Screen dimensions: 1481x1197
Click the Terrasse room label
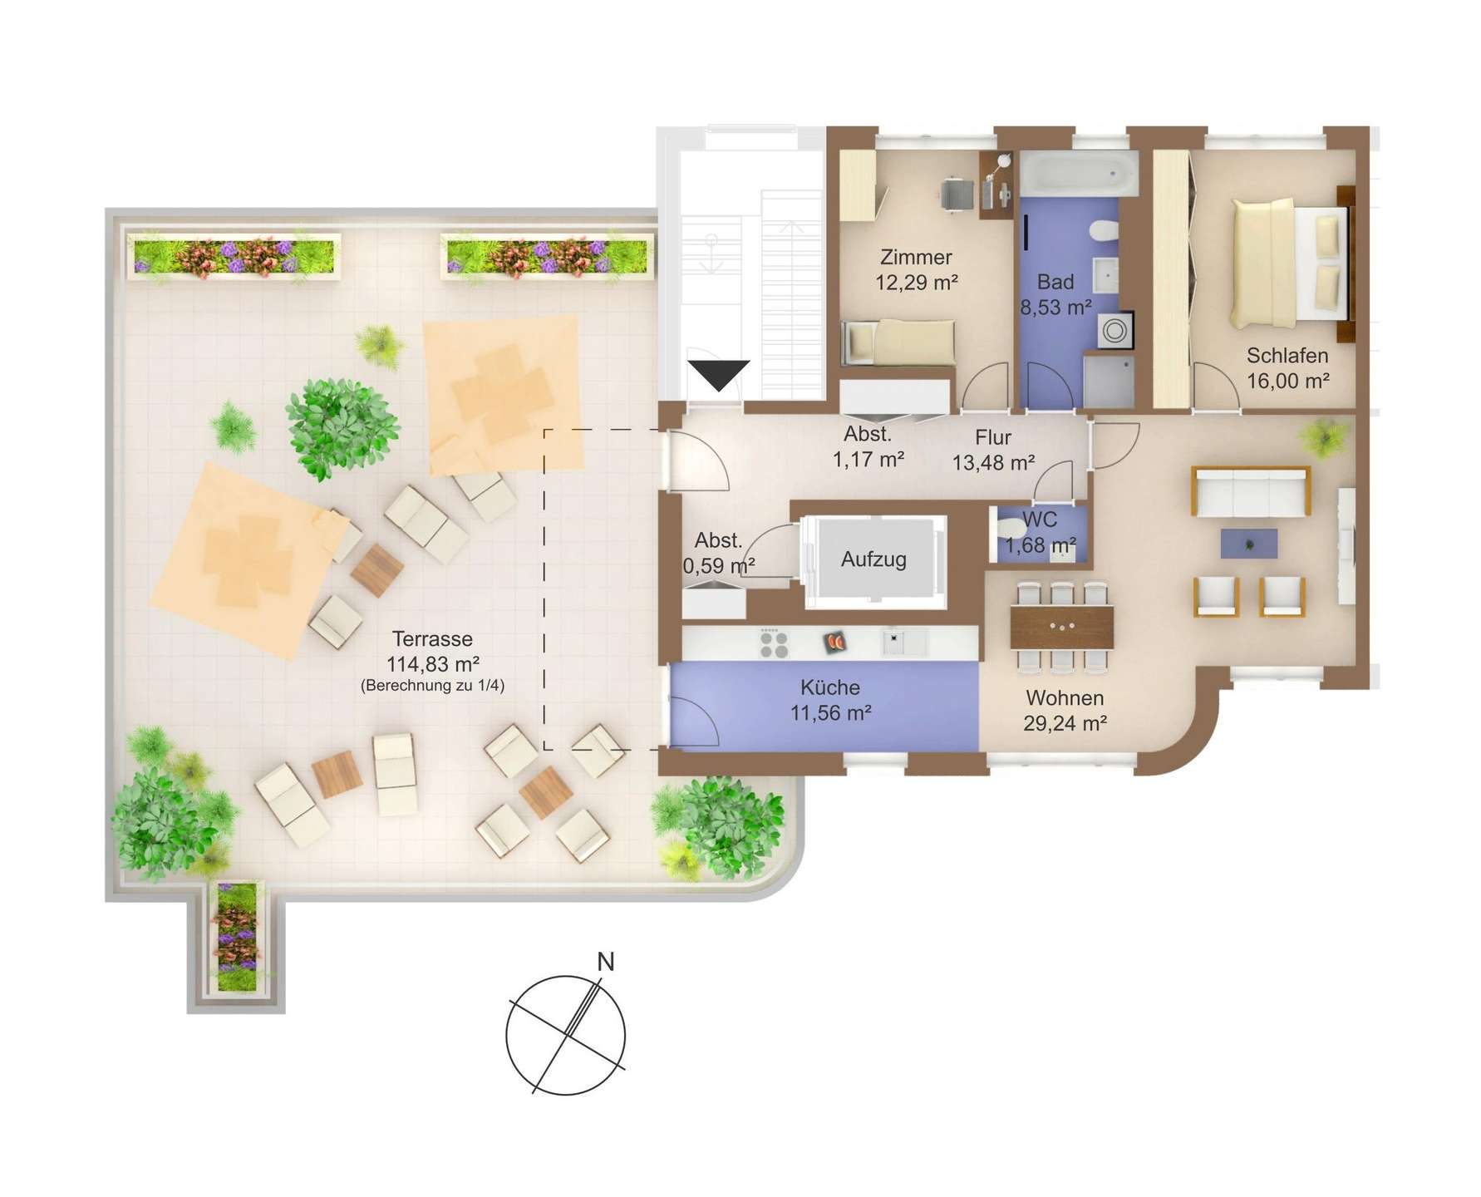pos(432,638)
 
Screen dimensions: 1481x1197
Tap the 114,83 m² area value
pos(433,664)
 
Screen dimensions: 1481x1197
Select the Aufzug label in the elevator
pos(873,559)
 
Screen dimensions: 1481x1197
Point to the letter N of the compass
pos(606,962)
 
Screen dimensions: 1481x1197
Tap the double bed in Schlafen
pos(1288,263)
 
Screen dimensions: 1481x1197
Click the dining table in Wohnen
pos(1062,627)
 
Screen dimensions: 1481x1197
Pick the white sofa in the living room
pos(1251,491)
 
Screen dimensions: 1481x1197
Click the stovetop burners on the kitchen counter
pos(774,643)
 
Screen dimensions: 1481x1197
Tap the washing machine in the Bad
pos(1114,331)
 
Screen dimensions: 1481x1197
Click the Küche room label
pos(830,687)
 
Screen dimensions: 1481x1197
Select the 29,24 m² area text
pos(1065,723)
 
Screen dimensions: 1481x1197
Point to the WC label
pos(1040,520)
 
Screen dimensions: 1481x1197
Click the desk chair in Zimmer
pos(957,195)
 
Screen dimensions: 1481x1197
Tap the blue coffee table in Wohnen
pos(1249,544)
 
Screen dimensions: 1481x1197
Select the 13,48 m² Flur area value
pos(993,463)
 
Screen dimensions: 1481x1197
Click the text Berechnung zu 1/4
pos(432,686)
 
